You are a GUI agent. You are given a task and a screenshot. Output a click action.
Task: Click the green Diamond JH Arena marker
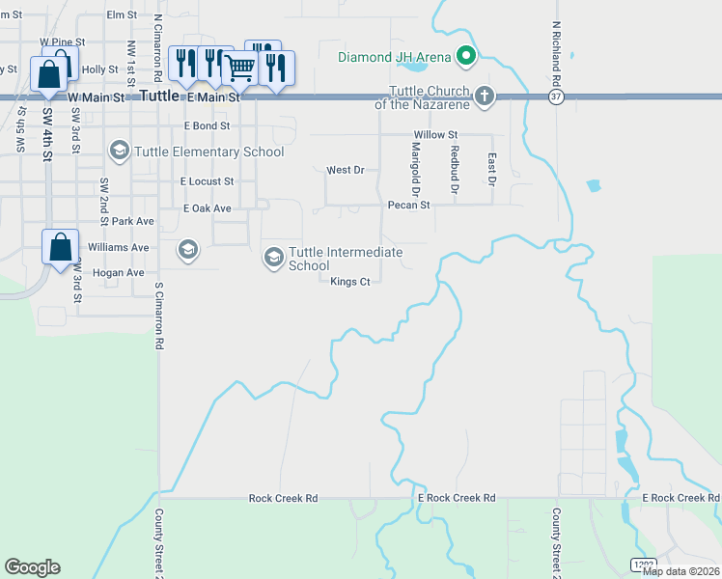tap(466, 57)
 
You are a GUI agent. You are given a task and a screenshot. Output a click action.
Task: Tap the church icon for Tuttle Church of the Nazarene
tap(484, 96)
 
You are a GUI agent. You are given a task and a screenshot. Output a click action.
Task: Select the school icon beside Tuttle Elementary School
tap(119, 151)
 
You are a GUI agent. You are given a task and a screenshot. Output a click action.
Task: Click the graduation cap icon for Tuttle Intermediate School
tap(273, 257)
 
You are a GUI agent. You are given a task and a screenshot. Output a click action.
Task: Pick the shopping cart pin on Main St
tap(239, 68)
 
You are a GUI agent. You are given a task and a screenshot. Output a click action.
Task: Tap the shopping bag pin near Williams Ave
tap(60, 247)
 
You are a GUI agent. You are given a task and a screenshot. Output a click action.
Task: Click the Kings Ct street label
tap(350, 282)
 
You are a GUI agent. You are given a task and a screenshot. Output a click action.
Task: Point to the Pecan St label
tap(408, 206)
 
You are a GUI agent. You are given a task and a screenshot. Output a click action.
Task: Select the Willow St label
tap(434, 135)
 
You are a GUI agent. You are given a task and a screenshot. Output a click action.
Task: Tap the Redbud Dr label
tap(454, 165)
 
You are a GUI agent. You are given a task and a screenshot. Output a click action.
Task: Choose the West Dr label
tap(345, 170)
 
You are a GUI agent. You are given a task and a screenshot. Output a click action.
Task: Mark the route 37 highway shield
tap(554, 97)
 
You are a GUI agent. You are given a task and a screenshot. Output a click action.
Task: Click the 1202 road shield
tap(644, 563)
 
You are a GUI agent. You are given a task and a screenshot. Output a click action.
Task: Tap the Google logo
tap(32, 567)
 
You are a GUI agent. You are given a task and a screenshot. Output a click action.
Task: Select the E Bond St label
tap(207, 126)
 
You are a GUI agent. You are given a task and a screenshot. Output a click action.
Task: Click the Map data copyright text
tap(680, 571)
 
